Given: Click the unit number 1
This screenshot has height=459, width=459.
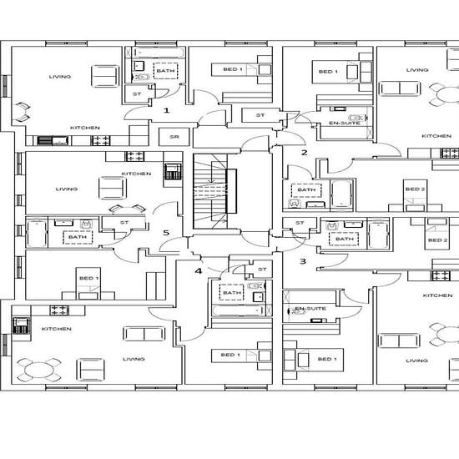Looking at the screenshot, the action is [166, 110].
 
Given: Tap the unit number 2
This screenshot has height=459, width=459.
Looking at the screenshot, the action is [305, 153].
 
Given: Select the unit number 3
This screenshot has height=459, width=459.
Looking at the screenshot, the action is [303, 261].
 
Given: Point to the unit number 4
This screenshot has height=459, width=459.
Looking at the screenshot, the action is [199, 271].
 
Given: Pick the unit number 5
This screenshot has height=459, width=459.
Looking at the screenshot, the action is [166, 233].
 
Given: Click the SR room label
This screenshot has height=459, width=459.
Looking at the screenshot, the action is [174, 137].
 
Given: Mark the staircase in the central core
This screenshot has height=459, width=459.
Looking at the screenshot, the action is [210, 191].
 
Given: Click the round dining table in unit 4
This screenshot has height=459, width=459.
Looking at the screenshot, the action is [38, 370].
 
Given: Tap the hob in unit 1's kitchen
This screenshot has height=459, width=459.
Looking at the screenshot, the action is [100, 140].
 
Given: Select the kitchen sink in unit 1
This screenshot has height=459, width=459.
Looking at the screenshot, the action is [53, 140].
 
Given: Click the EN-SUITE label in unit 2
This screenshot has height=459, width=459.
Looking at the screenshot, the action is [344, 123].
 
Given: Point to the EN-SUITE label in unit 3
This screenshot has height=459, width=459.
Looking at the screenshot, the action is [310, 308].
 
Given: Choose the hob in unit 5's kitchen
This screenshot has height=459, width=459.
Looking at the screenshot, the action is [134, 156].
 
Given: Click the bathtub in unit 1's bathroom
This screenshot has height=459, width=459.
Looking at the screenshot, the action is [159, 53].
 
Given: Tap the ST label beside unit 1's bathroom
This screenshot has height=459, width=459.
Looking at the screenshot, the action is [137, 94].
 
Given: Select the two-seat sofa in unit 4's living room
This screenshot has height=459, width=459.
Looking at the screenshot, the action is [144, 334].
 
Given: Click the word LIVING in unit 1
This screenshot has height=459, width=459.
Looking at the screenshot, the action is [60, 77].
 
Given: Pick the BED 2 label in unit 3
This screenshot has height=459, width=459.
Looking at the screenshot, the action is [437, 240].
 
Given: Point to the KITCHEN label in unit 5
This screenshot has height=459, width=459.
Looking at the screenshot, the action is [136, 174].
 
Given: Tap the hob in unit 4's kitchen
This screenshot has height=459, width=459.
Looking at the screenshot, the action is [59, 310].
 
